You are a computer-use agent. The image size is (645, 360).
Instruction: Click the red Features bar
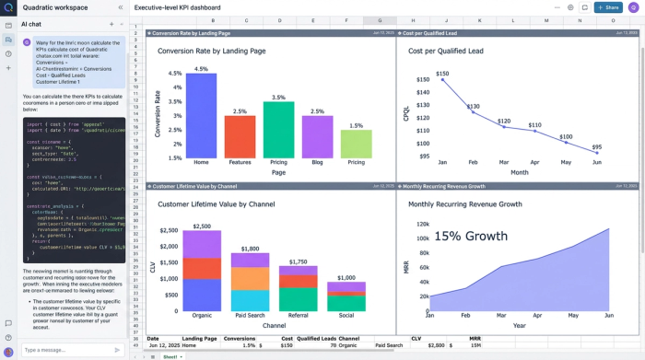tap(240, 135)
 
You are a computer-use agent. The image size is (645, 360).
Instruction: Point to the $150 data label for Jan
tap(442, 74)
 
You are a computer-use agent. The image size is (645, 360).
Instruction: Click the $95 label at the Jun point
tap(596, 147)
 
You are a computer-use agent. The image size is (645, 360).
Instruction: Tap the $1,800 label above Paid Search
tap(250, 250)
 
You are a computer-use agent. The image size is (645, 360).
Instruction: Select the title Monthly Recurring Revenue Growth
tap(465, 204)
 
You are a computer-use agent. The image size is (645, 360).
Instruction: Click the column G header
tap(380, 20)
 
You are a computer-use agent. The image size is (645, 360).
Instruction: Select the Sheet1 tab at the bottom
tap(170, 355)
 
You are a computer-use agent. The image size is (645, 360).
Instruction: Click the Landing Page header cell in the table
tap(199, 339)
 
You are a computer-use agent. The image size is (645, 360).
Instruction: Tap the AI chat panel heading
tap(30, 24)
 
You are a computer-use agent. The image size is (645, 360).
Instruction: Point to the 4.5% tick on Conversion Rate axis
tap(173, 74)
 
